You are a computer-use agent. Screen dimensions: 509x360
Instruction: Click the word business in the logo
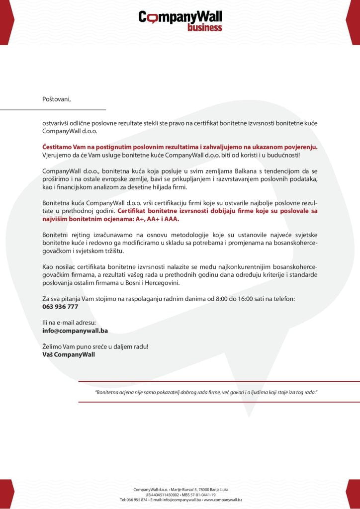pyautogui.click(x=204, y=27)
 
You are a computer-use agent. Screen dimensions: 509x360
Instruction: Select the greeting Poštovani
pyautogui.click(x=57, y=98)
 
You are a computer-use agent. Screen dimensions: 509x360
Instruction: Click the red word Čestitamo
pyautogui.click(x=59, y=147)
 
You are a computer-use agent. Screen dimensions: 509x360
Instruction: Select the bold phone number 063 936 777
pyautogui.click(x=60, y=307)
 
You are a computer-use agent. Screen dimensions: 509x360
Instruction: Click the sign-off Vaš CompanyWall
pyautogui.click(x=68, y=354)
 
